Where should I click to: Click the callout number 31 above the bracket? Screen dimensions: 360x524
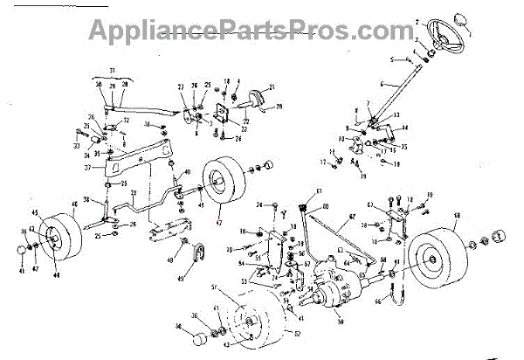112,69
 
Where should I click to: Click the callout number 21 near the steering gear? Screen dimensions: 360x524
272,87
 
